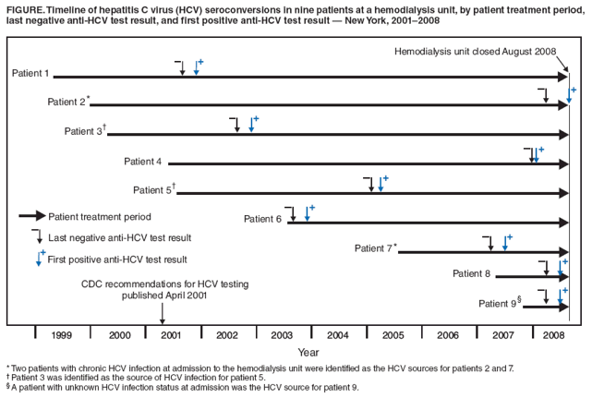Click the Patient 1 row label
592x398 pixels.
point(30,73)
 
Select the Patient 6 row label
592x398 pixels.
point(262,219)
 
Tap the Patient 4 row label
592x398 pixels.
point(143,162)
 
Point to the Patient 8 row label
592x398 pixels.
point(472,273)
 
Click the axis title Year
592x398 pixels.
point(308,352)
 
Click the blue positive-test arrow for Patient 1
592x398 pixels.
point(197,67)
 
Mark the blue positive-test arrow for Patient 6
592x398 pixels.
point(308,213)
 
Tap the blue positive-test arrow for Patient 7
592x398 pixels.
point(505,243)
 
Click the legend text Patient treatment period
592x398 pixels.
point(99,216)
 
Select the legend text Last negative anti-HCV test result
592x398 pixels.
point(119,237)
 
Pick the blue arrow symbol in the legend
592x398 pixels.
point(40,259)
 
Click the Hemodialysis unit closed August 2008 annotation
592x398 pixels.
point(475,52)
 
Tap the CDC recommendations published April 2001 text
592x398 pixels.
point(164,290)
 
